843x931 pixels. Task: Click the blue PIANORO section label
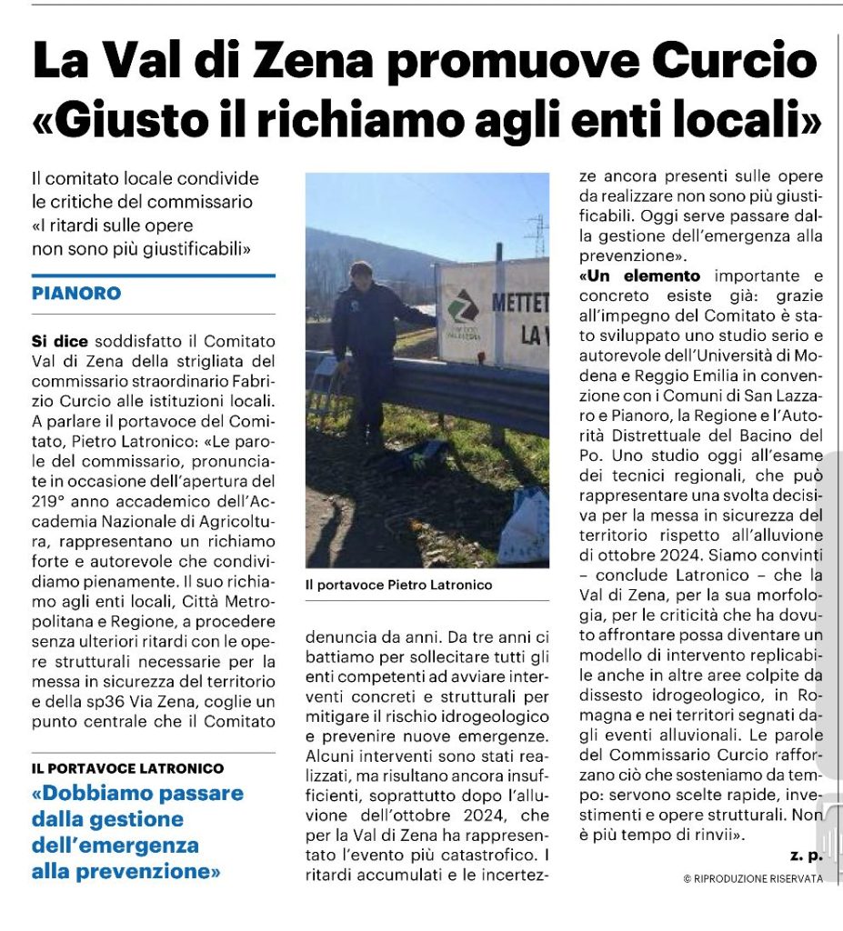[76, 294]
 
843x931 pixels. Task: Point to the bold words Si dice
[60, 341]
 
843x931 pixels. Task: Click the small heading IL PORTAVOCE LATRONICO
[127, 768]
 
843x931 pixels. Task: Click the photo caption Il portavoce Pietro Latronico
[398, 586]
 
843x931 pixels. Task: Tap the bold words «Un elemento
[640, 275]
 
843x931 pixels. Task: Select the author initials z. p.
[806, 856]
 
